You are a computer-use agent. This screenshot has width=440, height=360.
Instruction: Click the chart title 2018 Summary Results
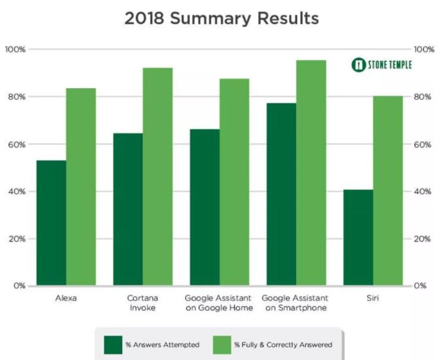tap(221, 18)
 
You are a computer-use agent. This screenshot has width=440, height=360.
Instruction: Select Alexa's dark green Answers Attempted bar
tap(51, 223)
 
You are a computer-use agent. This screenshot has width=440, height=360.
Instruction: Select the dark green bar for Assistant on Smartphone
tap(281, 194)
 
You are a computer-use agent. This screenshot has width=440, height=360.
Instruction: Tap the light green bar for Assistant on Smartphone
tap(311, 173)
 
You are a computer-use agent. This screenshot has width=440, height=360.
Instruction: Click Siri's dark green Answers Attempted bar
tap(358, 237)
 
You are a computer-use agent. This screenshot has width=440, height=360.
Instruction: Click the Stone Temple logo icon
tap(359, 65)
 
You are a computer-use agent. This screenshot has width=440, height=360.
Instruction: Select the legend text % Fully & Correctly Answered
tap(282, 345)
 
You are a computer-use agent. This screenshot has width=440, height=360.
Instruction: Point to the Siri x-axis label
tap(373, 298)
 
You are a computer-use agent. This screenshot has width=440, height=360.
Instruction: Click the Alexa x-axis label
tap(66, 298)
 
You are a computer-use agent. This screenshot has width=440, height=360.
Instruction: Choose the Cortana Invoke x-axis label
tap(143, 303)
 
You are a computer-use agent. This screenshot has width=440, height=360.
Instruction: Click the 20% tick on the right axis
tap(422, 238)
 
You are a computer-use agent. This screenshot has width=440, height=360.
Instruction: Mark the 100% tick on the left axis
tap(15, 49)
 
